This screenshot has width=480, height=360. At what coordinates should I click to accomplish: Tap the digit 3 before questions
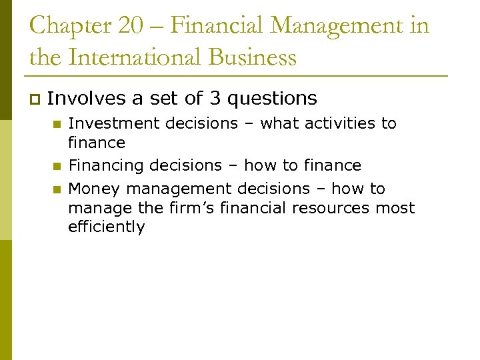click(215, 99)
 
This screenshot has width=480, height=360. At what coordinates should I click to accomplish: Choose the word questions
click(272, 99)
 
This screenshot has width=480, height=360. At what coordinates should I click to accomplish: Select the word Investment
click(105, 123)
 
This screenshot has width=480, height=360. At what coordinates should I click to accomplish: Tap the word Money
click(90, 189)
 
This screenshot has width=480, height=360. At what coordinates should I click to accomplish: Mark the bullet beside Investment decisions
click(57, 124)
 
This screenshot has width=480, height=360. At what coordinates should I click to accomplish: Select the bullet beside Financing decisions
click(57, 166)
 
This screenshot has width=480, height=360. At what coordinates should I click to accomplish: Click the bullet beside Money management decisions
click(57, 189)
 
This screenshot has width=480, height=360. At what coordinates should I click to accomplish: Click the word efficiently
click(106, 227)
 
